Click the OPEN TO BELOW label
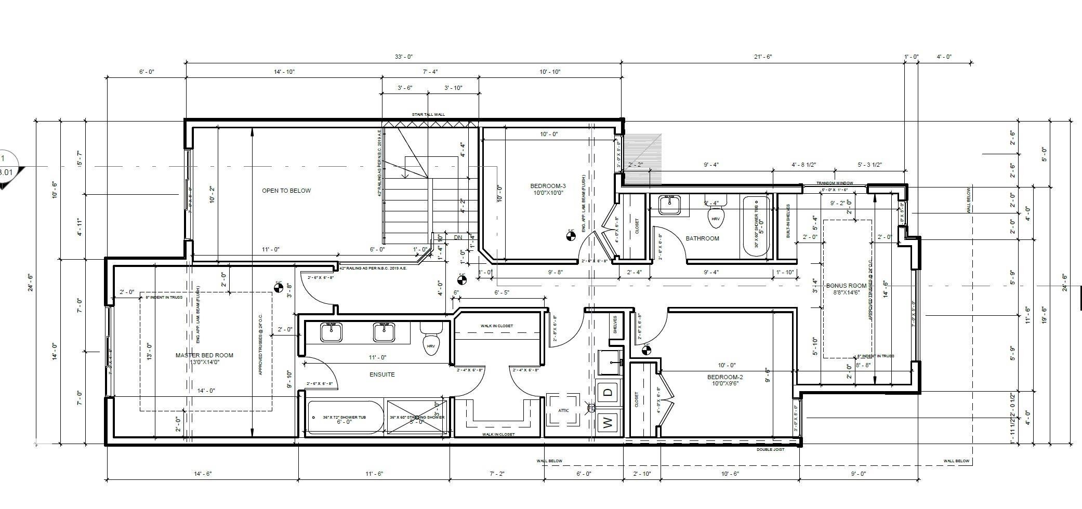[286, 191]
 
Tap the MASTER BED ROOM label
[204, 356]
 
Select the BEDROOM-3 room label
[548, 186]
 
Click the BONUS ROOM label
[846, 286]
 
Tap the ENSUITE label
[382, 374]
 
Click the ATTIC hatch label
[563, 410]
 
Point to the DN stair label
[458, 237]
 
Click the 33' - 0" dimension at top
[403, 57]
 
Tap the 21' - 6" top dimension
[763, 57]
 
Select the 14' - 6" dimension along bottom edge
[203, 474]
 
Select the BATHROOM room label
[702, 238]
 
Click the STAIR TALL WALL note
[428, 114]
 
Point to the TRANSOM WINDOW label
[835, 183]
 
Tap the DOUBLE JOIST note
[770, 449]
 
